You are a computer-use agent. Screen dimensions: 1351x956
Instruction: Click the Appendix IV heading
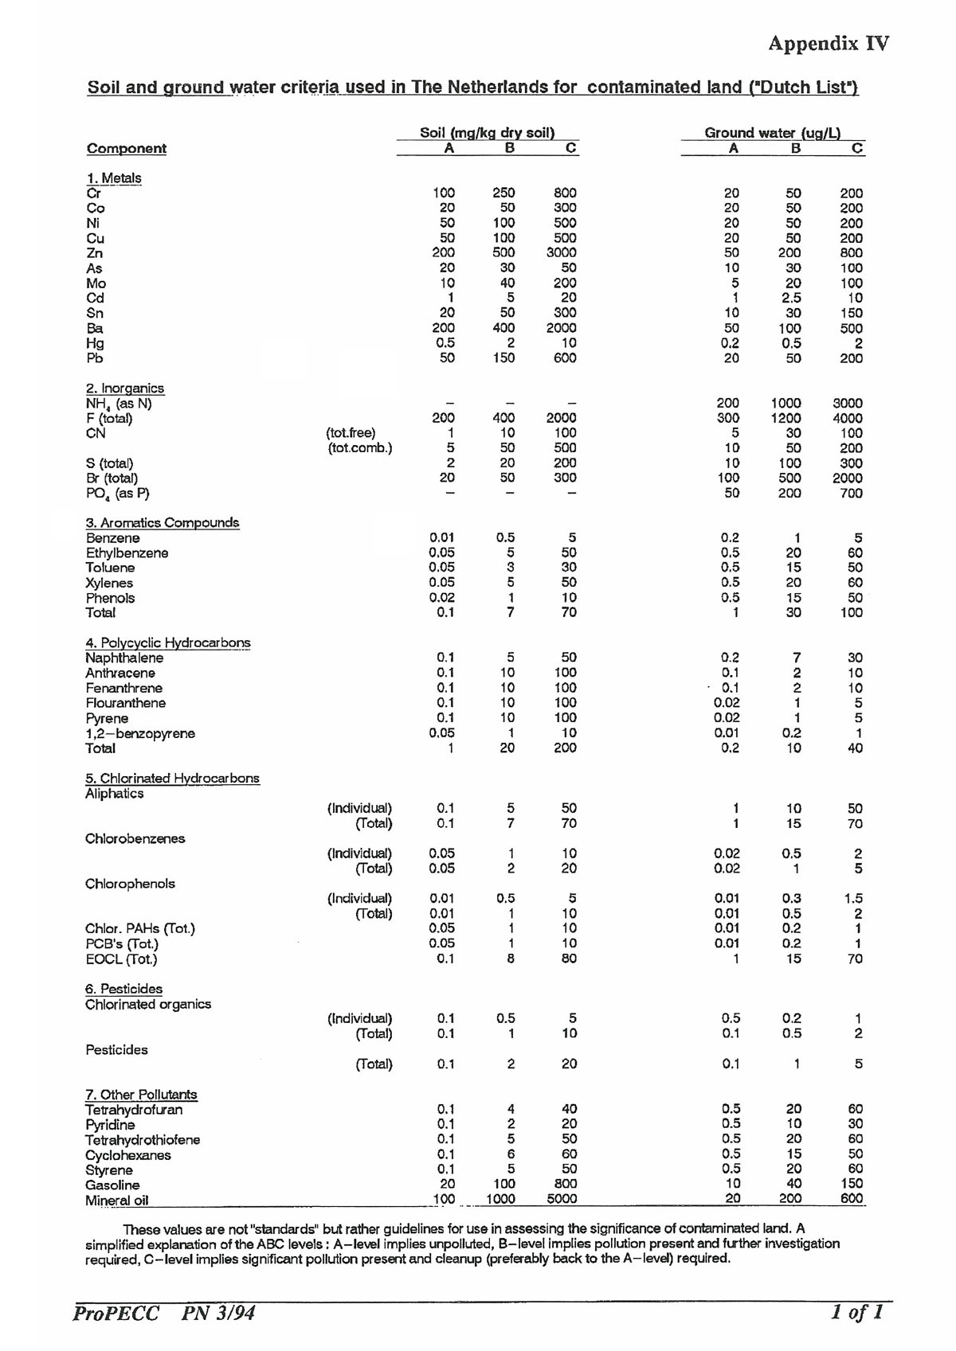[x=828, y=43]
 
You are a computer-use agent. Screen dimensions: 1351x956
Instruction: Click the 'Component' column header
[x=127, y=149]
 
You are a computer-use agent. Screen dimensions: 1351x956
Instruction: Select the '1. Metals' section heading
[x=114, y=178]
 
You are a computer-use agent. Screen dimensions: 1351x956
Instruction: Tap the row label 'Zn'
[x=95, y=253]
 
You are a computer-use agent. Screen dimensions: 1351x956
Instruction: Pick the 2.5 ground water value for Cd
[x=791, y=298]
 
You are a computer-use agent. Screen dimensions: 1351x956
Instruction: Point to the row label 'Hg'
[x=96, y=343]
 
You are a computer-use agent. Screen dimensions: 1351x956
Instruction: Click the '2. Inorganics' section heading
[x=125, y=389]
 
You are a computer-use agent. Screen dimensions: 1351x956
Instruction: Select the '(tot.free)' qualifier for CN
[x=351, y=433]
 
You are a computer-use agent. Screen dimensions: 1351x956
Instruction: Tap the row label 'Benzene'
[x=113, y=538]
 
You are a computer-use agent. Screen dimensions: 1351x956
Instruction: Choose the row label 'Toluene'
[x=111, y=568]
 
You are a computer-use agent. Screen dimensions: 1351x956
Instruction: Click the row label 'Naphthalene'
[x=124, y=658]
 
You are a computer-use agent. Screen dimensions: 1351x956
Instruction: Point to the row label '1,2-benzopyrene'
[x=140, y=733]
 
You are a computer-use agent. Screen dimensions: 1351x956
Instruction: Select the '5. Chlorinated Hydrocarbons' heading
[x=172, y=779]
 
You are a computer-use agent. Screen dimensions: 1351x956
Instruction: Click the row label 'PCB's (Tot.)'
[x=122, y=944]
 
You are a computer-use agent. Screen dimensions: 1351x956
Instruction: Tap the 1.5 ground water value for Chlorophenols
[x=853, y=899]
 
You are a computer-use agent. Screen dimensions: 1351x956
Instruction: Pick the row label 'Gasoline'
[x=112, y=1185]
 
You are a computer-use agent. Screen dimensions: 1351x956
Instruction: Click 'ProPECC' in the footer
[x=116, y=1313]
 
